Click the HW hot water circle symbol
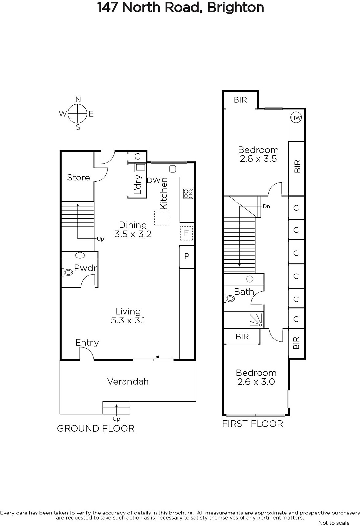click(x=296, y=118)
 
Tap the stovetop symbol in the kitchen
click(x=188, y=194)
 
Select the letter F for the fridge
click(x=186, y=233)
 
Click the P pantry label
click(x=187, y=256)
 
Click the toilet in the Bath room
click(x=229, y=299)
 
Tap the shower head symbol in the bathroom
click(x=256, y=320)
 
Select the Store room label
click(x=79, y=178)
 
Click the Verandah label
click(x=128, y=382)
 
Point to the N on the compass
click(x=78, y=100)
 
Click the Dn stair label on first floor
click(x=266, y=207)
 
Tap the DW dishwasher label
click(x=154, y=180)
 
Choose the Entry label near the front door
click(x=87, y=343)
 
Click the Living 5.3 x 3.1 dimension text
click(x=128, y=316)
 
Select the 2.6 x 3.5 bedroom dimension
click(x=258, y=159)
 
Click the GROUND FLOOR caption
click(x=96, y=429)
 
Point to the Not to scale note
click(x=334, y=523)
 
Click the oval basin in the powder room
click(x=80, y=255)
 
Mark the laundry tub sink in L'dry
click(x=140, y=167)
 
